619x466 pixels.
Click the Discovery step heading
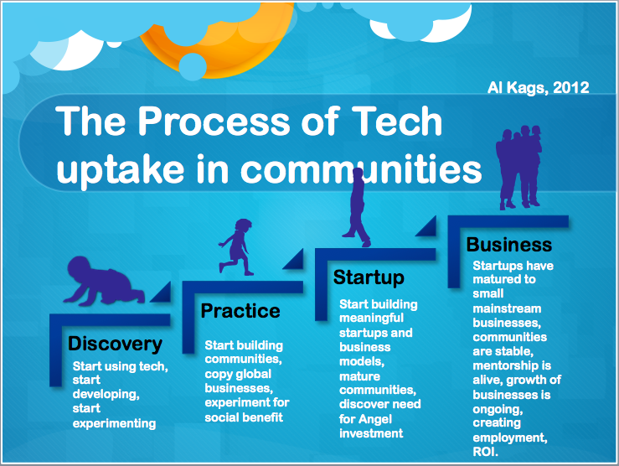[x=115, y=344]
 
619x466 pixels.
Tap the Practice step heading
[x=240, y=311]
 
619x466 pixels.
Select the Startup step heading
[x=369, y=278]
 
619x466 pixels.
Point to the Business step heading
[x=509, y=245]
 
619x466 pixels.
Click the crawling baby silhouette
[x=103, y=281]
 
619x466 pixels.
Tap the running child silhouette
[x=235, y=246]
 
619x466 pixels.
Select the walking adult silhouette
[x=357, y=207]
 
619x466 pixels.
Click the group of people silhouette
[x=518, y=167]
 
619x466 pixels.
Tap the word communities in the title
[x=361, y=169]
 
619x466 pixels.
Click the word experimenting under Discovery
[x=114, y=424]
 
